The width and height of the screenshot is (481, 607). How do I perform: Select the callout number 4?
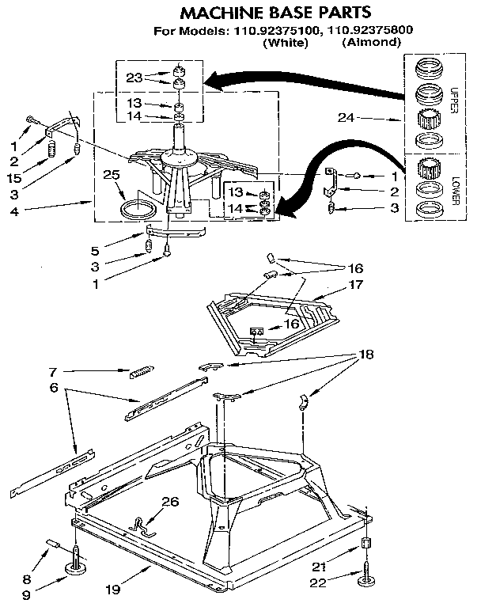click(16, 211)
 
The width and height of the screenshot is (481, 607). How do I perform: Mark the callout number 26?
click(170, 501)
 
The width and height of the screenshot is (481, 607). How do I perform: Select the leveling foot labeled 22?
click(366, 582)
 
